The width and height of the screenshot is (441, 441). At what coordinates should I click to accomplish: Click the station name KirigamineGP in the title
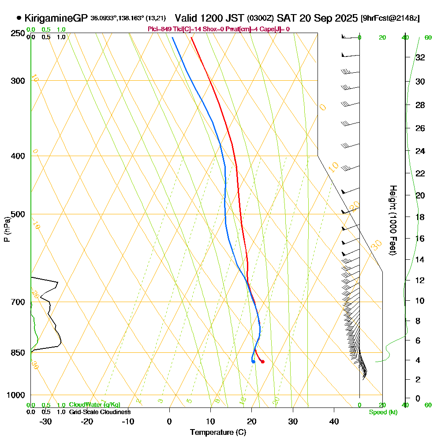pyautogui.click(x=56, y=18)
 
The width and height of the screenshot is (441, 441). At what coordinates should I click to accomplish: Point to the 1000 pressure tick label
pyautogui.click(x=15, y=395)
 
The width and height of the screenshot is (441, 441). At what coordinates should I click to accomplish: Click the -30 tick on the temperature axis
pyautogui.click(x=46, y=421)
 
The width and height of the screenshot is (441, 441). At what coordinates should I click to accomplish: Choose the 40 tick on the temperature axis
pyautogui.click(x=334, y=421)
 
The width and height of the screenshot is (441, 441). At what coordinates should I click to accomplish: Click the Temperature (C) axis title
pyautogui.click(x=218, y=433)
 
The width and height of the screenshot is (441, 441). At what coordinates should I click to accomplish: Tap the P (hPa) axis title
pyautogui.click(x=7, y=229)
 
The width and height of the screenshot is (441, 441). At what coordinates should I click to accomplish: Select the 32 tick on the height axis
pyautogui.click(x=420, y=57)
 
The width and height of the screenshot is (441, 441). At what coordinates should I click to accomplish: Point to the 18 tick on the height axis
pyautogui.click(x=420, y=217)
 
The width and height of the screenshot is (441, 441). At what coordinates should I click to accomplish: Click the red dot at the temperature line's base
pyautogui.click(x=262, y=362)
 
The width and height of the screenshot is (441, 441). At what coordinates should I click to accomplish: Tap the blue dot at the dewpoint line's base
pyautogui.click(x=253, y=362)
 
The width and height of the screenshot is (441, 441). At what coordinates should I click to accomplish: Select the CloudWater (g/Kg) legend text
pyautogui.click(x=94, y=405)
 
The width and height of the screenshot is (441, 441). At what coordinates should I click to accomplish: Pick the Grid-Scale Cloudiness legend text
pyautogui.click(x=100, y=412)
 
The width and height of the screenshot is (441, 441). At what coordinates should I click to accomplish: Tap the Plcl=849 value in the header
pyautogui.click(x=159, y=29)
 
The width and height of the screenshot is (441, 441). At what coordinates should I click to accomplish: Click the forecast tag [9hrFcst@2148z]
pyautogui.click(x=390, y=19)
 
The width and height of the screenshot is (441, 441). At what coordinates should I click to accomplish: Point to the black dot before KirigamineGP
pyautogui.click(x=19, y=18)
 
